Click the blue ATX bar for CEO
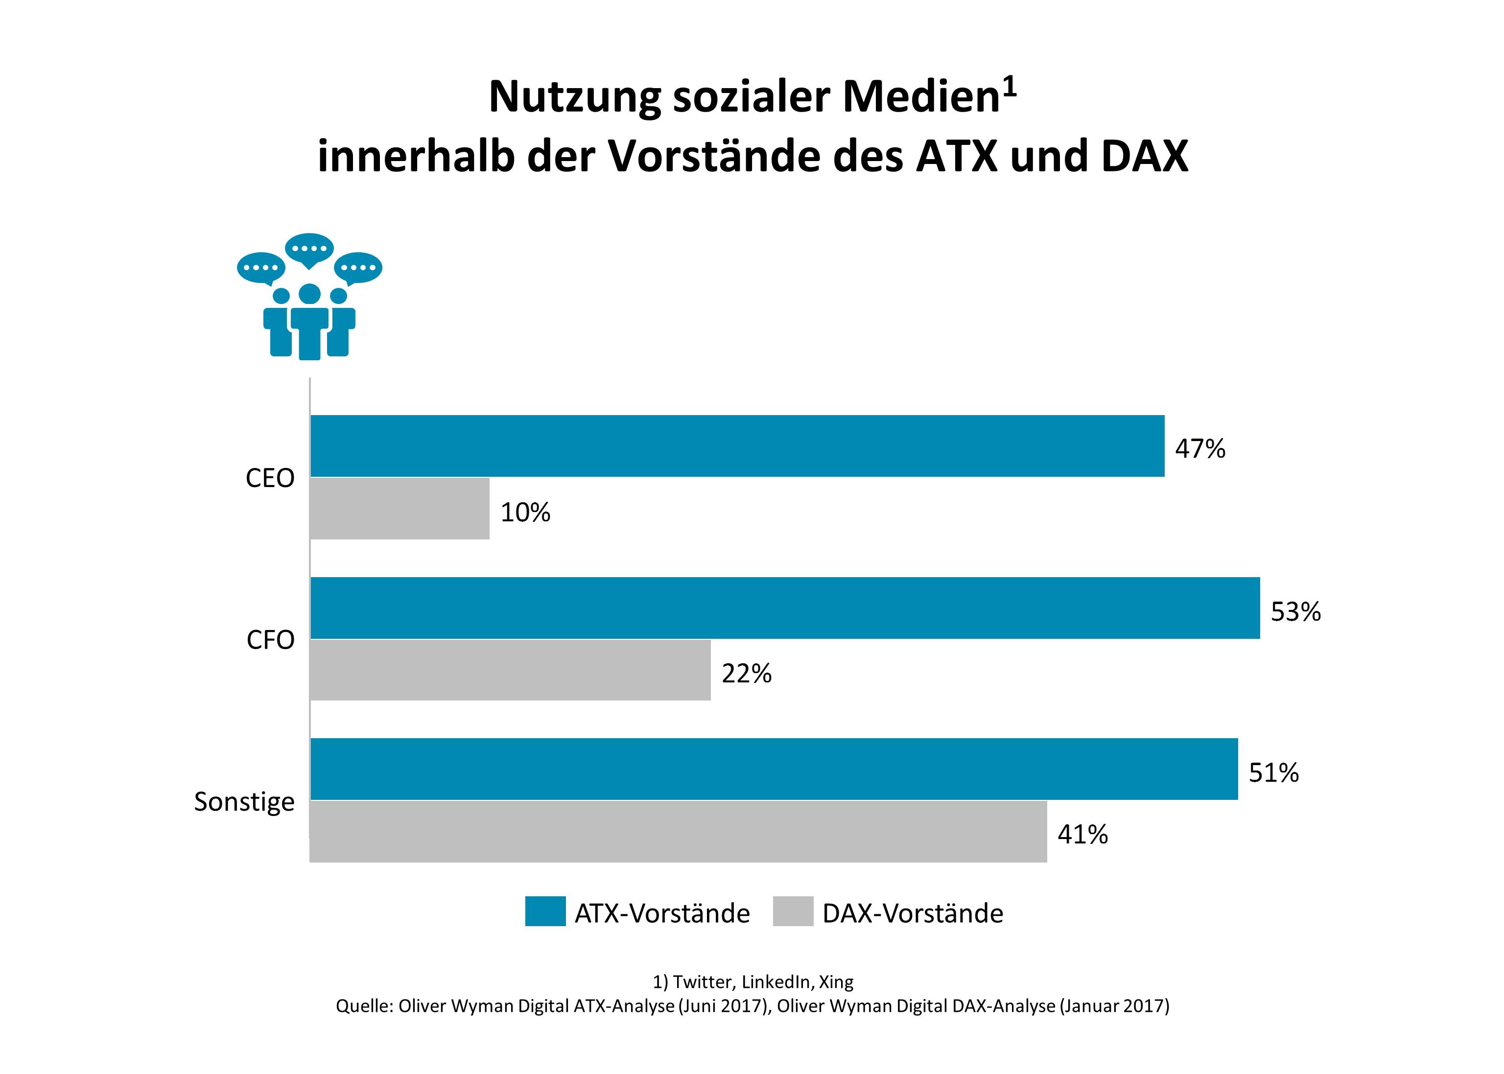point(737,446)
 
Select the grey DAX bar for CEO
point(399,509)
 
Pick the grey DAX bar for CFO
point(510,670)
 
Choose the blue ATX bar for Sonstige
point(774,769)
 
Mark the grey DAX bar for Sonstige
point(678,832)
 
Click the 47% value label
point(1200,449)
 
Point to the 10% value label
point(525,513)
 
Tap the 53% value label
point(1295,612)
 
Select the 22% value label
point(746,674)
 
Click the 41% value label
point(1082,835)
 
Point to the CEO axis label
point(270,478)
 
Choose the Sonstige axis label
point(244,802)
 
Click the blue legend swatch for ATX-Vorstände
point(545,911)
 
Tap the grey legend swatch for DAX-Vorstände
point(792,911)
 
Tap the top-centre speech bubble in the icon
point(309,249)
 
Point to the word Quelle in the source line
point(364,1006)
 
